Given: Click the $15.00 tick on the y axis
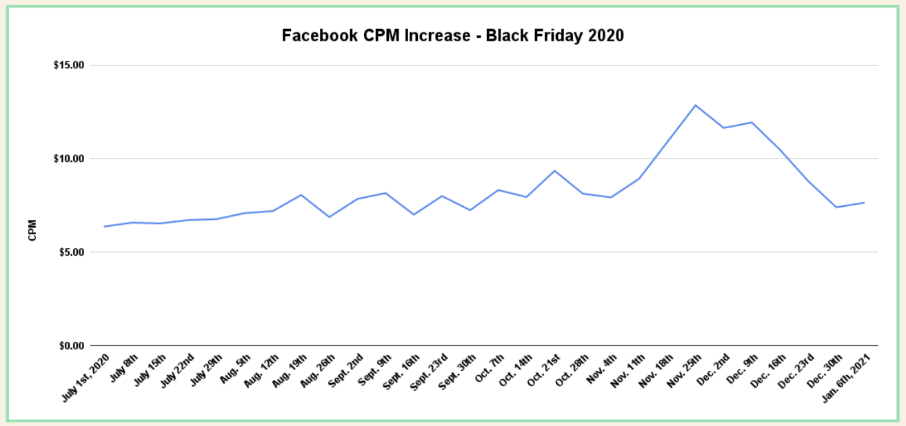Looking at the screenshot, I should coord(69,65).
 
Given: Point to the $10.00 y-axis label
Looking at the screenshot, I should coord(69,159).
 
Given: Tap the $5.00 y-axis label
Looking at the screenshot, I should coord(71,252).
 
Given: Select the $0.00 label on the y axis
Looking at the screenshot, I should coord(71,345).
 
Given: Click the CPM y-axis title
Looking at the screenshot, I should coord(32,230).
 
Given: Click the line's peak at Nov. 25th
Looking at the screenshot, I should coord(696,105).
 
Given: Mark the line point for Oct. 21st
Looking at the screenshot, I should coord(554,171).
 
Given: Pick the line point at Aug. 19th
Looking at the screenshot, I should coord(301,195).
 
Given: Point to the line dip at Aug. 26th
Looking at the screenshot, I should coord(330,217).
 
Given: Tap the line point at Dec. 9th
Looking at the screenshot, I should coord(752,123).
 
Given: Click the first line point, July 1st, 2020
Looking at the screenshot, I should coord(104,226).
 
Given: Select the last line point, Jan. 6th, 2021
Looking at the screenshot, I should coord(864,203).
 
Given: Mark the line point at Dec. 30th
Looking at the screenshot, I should coord(836,207).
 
